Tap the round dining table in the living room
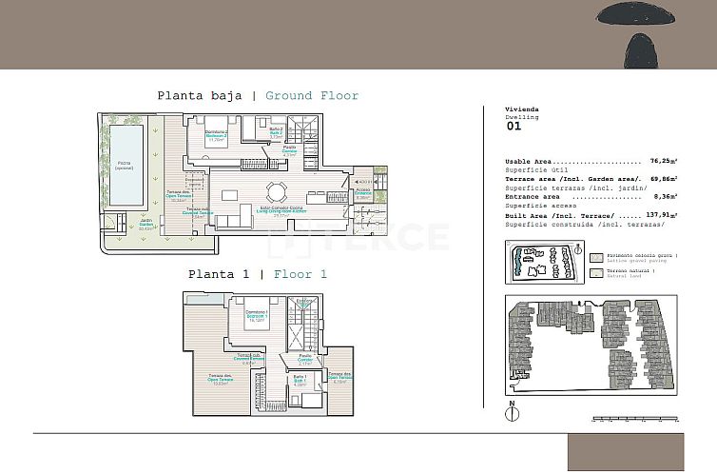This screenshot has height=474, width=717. tap(276, 189)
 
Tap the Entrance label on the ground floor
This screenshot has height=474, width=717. tap(362, 194)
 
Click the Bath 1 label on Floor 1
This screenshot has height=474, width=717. tap(299, 378)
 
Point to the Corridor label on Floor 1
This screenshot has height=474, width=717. tap(303, 360)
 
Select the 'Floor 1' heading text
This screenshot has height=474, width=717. tap(300, 274)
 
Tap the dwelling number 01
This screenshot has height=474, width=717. tap(514, 125)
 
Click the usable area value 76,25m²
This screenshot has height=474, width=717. tap(662, 162)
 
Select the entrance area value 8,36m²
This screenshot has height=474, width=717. tap(663, 197)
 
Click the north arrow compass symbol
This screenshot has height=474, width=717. tap(512, 412)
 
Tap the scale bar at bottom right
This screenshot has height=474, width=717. tap(633, 418)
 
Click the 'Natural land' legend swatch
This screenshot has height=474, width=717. tap(596, 273)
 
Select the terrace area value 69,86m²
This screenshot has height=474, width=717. tap(662, 179)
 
